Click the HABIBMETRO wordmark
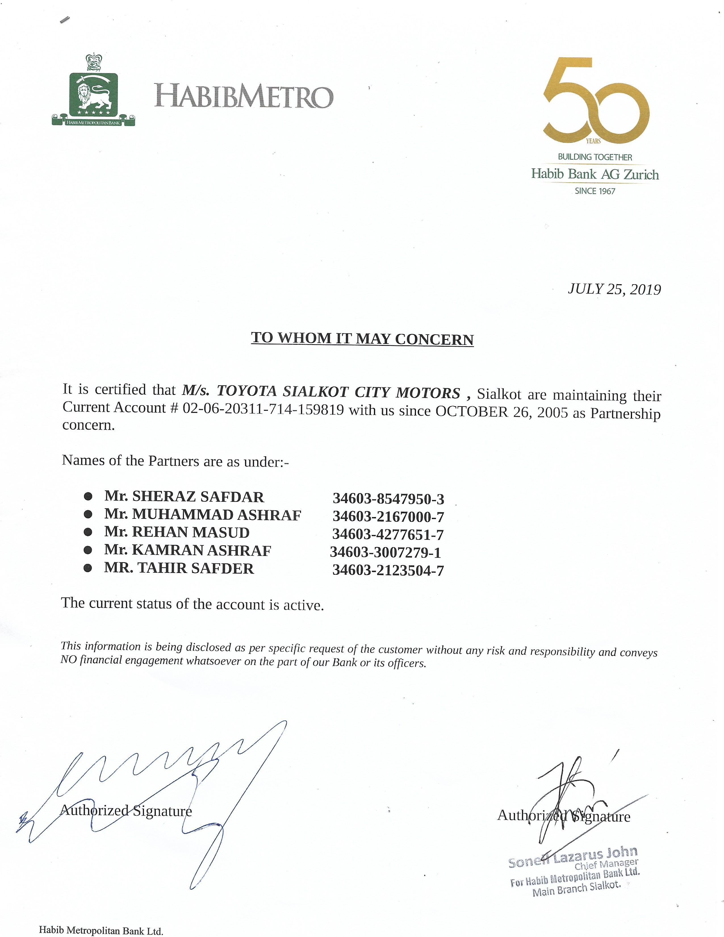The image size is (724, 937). pos(243,96)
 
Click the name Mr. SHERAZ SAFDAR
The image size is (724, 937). pos(184,496)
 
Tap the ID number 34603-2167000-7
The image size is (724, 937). pos(388,516)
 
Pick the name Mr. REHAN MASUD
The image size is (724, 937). pos(177,532)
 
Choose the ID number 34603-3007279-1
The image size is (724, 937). pos(385,552)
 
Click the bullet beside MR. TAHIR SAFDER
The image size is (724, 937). pos(88,568)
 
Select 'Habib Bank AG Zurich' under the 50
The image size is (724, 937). pos(595,174)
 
